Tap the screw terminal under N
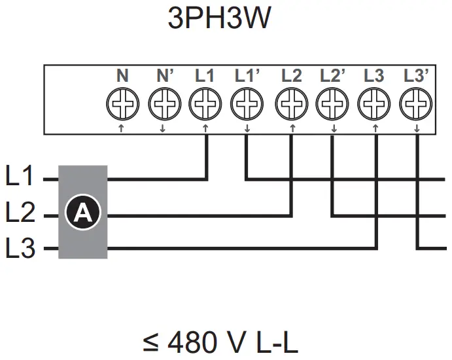(122, 103)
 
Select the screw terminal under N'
(164, 103)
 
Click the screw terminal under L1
(205, 103)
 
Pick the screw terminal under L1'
(247, 103)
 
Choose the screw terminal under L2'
(332, 103)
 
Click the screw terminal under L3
(374, 103)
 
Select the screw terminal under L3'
(416, 103)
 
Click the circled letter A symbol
(83, 212)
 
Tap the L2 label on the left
(20, 213)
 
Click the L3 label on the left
(20, 249)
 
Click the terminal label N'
(164, 76)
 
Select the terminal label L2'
(333, 76)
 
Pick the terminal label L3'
(416, 76)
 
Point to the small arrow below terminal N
(122, 128)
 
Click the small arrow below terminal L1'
(247, 128)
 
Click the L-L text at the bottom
(274, 342)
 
